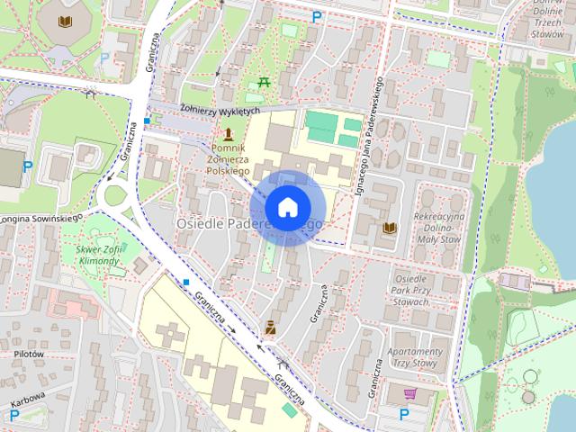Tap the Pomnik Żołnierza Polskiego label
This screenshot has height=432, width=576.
[229, 158]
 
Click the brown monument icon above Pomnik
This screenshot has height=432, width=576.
[229, 134]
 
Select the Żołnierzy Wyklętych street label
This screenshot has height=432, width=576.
[220, 110]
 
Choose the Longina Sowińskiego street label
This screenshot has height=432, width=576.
[40, 217]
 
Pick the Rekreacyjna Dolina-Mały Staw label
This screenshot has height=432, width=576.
[437, 229]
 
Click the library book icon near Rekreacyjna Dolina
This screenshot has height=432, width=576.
[389, 228]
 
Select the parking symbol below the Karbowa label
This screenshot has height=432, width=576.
[14, 415]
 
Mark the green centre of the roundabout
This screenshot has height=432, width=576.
[114, 193]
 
